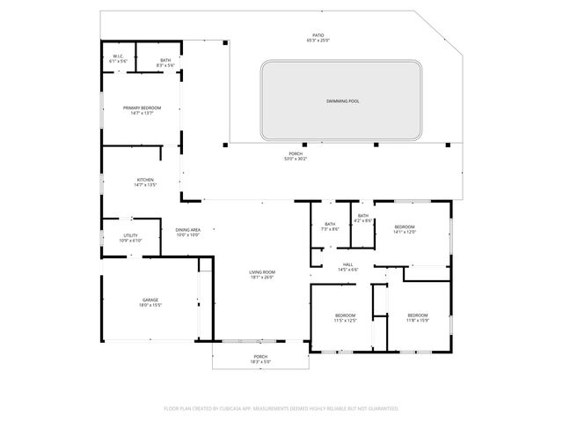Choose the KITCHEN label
pos(144,182)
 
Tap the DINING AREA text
pos(187,231)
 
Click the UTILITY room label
pos(130,235)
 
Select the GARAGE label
pos(150,300)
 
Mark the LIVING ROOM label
pos(262,272)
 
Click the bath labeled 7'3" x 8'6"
pos(330,225)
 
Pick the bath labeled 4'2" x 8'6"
pos(362,217)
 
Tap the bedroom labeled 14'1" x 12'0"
pos(404,227)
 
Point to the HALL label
pos(348,264)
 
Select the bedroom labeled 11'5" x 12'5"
pos(345,315)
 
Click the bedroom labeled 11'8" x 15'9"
pos(417,315)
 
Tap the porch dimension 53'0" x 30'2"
pos(296,159)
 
